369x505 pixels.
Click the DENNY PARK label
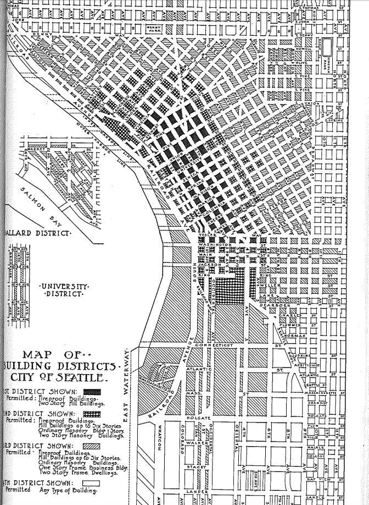pyautogui.click(x=156, y=28)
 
